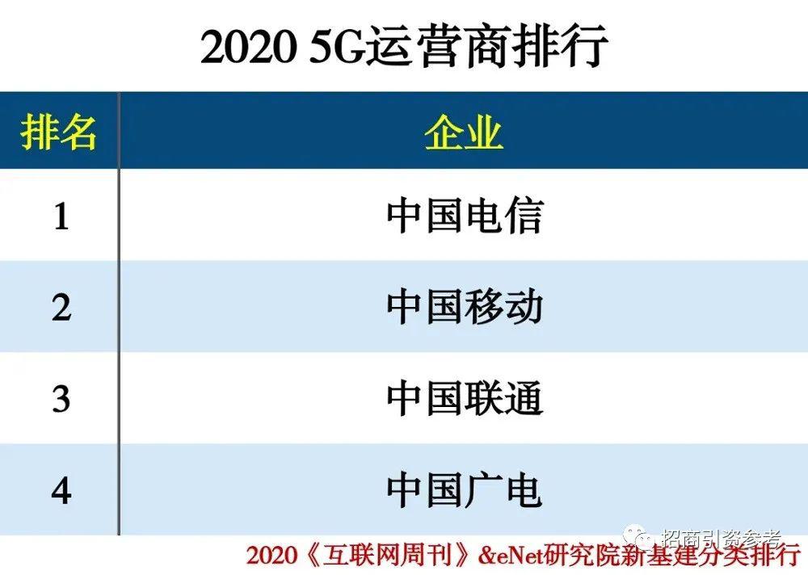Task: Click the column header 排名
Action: pos(58,132)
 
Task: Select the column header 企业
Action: pos(463,132)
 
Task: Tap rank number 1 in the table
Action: pos(61,216)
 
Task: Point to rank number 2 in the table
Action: pos(61,308)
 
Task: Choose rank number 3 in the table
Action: pos(61,399)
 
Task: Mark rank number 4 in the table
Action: pos(61,490)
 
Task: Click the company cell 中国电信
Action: pos(465,216)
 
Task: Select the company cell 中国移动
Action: pos(465,308)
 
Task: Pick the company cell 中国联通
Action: pos(465,399)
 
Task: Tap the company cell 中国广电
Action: pos(465,490)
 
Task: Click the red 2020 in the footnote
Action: pos(271,556)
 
